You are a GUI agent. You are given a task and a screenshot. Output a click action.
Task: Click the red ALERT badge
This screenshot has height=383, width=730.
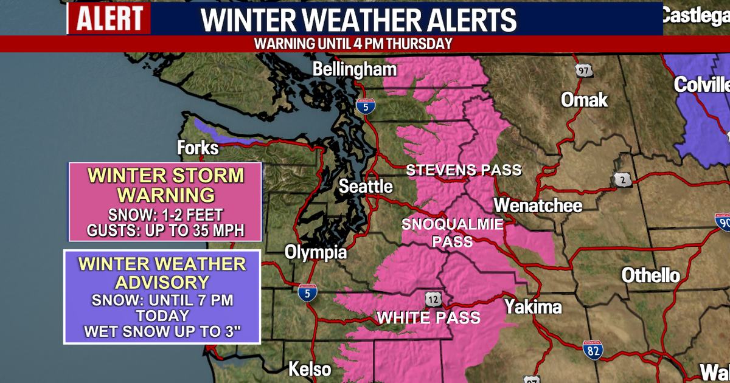point(109,18)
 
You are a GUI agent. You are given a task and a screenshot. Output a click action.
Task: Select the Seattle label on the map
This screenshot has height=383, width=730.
point(366,186)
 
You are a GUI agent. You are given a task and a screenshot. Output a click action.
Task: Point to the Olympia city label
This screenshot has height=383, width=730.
point(316,252)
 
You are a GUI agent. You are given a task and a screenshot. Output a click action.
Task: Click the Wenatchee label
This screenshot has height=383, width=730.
point(538,205)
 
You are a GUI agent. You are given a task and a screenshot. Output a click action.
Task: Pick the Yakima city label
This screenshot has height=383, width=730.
point(533,307)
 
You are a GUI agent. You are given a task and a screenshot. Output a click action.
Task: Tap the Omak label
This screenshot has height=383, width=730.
point(584,99)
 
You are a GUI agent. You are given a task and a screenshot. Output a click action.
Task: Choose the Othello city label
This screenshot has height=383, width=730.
point(650,275)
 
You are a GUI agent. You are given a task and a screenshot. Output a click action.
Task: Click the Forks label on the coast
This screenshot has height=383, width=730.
point(197,148)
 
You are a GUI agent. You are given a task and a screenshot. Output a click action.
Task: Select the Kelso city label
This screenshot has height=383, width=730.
point(310,369)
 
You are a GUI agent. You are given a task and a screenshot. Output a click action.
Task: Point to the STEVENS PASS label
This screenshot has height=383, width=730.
point(464,170)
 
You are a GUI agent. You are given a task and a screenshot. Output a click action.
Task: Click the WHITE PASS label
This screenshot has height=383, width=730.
point(429,317)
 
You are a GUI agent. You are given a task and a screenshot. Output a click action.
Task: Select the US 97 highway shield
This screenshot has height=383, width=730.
point(584,70)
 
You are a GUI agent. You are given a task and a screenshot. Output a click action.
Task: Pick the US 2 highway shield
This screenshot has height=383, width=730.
point(622,179)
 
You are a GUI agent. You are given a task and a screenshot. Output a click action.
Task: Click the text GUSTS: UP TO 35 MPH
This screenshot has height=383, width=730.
point(165,231)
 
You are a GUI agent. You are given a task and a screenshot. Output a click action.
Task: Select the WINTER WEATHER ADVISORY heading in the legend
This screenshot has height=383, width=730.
point(162,274)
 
